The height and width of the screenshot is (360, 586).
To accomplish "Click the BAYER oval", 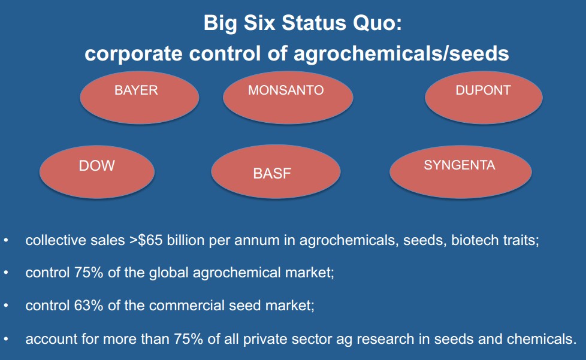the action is pos(140,98).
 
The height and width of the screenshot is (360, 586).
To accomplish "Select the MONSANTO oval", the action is pos(288,98).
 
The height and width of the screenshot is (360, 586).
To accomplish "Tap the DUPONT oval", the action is pos(484,98).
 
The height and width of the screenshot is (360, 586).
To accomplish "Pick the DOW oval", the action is pos(97,172).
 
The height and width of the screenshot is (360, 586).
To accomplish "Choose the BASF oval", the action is pos(276,172).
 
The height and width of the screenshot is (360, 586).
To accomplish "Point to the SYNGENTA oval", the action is pos(460,172).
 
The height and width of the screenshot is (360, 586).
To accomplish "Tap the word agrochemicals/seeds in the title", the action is pos(401,53).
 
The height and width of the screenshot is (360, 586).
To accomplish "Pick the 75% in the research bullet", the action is pos(189,339).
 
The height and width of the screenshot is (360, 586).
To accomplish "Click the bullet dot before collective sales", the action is pos(6,240).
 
